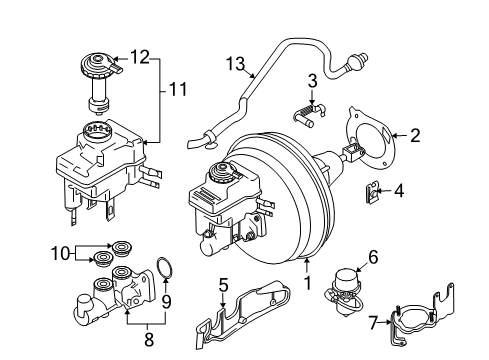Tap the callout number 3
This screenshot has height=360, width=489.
coord(311,81)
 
